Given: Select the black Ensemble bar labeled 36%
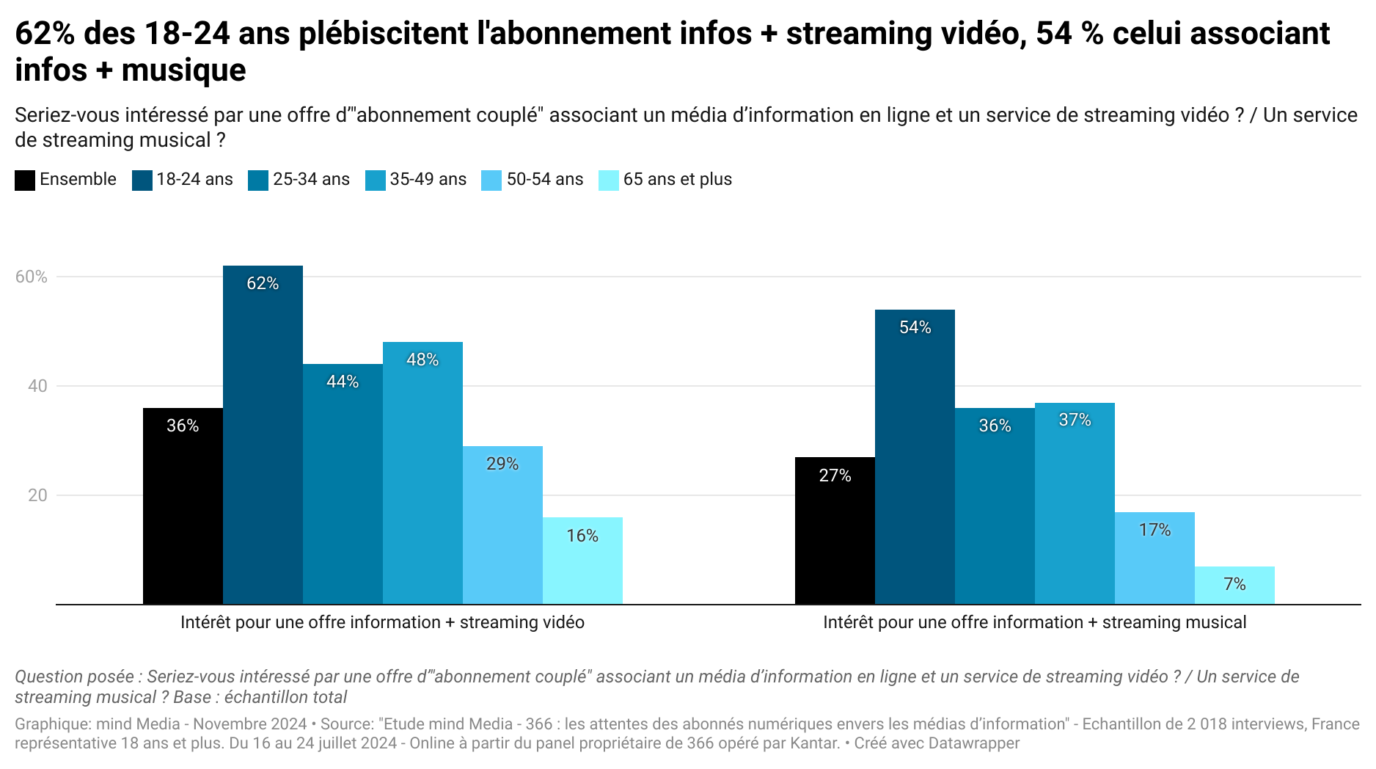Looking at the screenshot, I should (x=183, y=506).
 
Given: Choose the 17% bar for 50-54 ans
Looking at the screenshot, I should (x=1154, y=558).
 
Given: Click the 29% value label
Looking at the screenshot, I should (x=502, y=464).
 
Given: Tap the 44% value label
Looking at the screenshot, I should (x=343, y=382).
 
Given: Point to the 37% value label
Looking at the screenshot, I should (x=1075, y=420).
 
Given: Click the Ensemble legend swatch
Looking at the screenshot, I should (x=25, y=180).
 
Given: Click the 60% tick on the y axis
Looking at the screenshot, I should (x=32, y=277).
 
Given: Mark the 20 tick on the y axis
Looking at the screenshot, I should (x=37, y=495).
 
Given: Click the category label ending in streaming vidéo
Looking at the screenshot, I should (x=382, y=623).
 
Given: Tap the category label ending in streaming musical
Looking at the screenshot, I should (x=1034, y=623).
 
